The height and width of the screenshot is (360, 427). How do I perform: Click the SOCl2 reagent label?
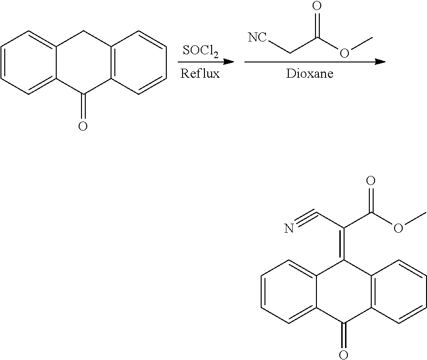point(201,51)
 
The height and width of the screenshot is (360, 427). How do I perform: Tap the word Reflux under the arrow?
point(200,73)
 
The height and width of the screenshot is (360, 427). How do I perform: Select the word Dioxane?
point(310,73)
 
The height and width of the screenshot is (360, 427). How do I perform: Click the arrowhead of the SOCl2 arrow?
point(229,62)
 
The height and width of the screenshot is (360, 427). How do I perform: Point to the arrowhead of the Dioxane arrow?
point(380,62)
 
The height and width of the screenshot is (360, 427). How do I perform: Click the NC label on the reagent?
point(257,37)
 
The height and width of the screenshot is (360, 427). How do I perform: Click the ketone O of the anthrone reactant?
point(83,126)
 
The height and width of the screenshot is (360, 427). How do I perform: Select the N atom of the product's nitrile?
point(289,228)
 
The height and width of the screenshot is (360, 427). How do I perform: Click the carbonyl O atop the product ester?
point(371,181)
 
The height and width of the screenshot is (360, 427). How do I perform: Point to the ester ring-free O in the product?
point(398,228)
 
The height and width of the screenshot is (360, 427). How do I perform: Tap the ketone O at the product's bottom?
point(344,355)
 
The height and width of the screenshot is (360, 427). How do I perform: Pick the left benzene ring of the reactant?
point(29,62)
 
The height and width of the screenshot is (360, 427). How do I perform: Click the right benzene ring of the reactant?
point(139,62)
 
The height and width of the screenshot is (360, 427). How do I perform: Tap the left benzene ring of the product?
point(289,292)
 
